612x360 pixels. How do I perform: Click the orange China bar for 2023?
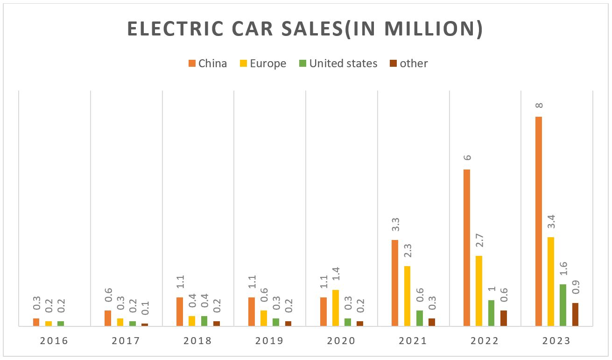coord(539,221)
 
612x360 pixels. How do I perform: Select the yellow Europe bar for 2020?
coord(336,308)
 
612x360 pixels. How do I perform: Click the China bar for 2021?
coord(395,283)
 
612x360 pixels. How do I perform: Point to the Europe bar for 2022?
coord(479,291)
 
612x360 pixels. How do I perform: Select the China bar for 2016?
coord(36,322)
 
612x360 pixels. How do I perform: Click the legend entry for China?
coord(208,64)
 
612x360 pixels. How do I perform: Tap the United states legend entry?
coord(338,64)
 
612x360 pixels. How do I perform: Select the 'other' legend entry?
coord(408,64)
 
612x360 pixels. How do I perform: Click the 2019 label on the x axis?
coord(269,341)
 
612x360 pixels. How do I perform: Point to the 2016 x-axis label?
coord(54,341)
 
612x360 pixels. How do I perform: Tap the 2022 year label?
coord(485,341)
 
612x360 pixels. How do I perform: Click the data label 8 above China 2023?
coord(539,106)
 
